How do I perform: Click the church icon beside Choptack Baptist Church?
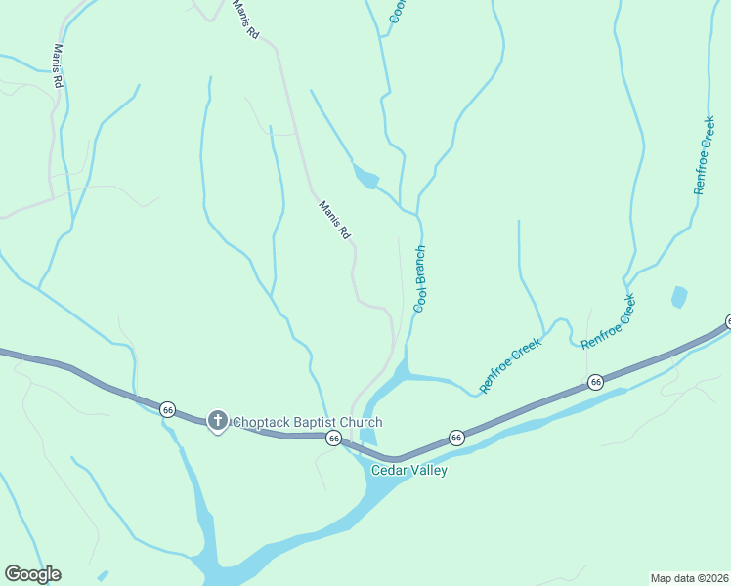pos(217,422)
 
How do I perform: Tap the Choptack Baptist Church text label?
pos(306,422)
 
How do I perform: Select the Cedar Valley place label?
pos(408,471)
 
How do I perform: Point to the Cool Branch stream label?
pos(421,278)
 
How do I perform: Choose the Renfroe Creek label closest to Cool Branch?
pos(510,364)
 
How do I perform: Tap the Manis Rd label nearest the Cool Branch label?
pos(334,220)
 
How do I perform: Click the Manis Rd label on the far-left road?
pos(58,65)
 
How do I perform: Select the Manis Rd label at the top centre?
pos(246,20)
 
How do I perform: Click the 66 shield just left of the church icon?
pos(168,408)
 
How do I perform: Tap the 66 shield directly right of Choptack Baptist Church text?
pos(334,439)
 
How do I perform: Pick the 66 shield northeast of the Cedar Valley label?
pos(455,438)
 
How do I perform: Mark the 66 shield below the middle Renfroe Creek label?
pos(595,381)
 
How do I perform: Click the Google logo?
pos(32,574)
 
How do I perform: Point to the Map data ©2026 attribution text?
pos(690,577)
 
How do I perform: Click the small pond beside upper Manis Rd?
pos(366,178)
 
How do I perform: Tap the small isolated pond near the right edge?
pos(679,296)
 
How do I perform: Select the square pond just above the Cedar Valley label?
pos(368,438)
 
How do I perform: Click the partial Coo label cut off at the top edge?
pos(399,11)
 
